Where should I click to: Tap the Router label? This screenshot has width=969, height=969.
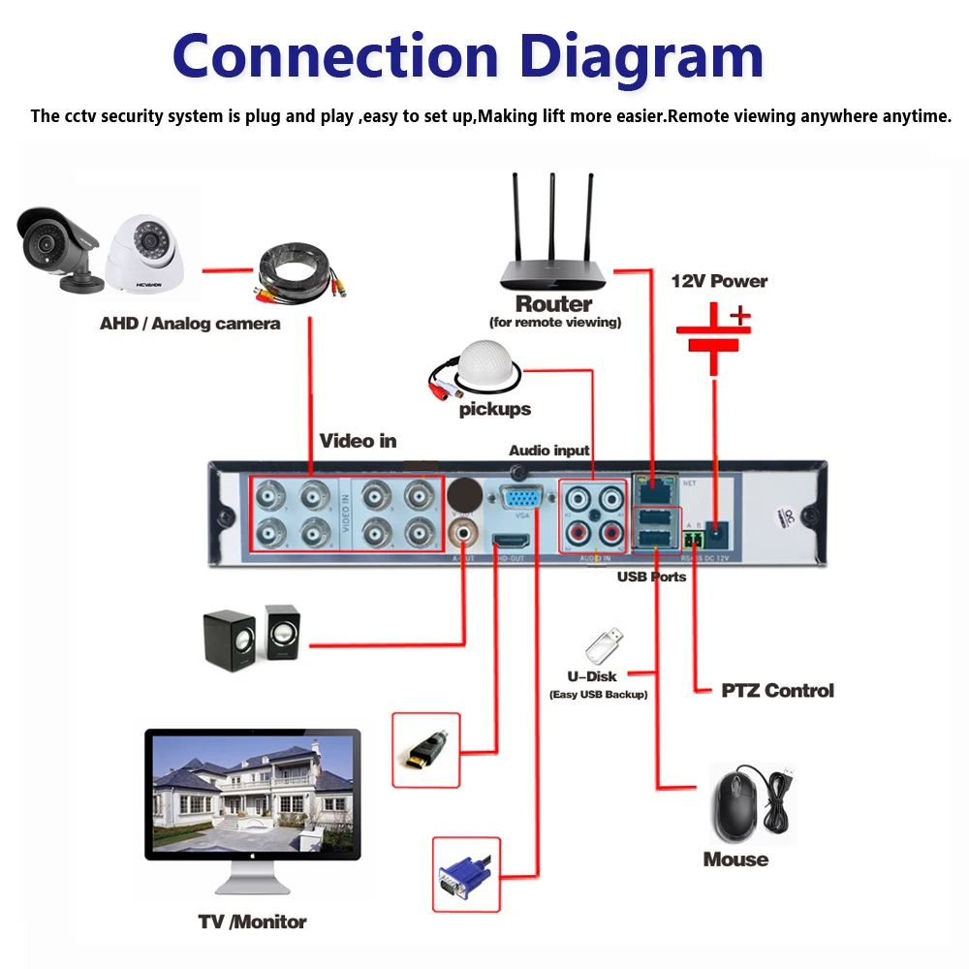(x=554, y=304)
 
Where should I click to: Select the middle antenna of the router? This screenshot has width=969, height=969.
(x=551, y=218)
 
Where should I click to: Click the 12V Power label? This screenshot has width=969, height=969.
(x=719, y=281)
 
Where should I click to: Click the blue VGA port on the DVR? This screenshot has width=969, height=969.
(x=520, y=500)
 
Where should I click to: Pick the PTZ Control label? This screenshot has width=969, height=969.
(x=777, y=691)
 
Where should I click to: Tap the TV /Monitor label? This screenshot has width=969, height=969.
(x=253, y=922)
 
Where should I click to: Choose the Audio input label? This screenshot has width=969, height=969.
(x=549, y=450)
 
